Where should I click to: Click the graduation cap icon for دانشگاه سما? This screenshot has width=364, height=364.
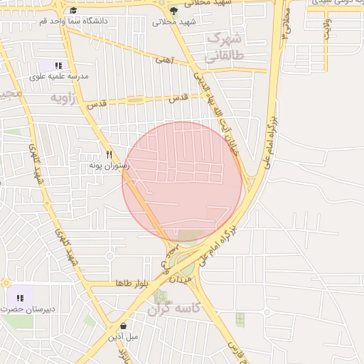(73, 11)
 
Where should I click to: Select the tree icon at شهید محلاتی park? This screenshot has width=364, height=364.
(174, 11)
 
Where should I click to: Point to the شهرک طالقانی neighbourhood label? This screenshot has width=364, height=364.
(223, 46)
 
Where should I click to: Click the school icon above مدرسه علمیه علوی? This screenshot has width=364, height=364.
(58, 65)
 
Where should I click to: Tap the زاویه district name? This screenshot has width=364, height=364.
(61, 97)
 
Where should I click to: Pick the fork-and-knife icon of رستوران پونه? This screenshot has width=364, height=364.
(109, 154)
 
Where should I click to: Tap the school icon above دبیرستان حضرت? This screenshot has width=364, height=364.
(19, 298)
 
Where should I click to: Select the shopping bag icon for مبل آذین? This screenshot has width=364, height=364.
(124, 326)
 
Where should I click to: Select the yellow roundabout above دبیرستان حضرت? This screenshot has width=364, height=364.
(5, 282)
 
